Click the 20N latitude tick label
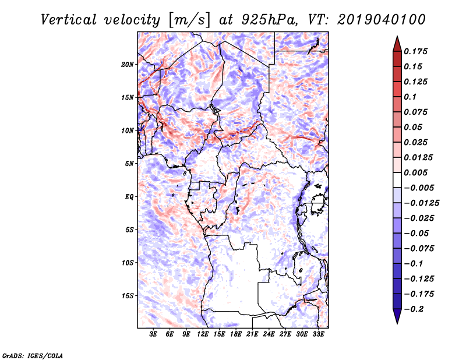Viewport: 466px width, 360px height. [128, 64]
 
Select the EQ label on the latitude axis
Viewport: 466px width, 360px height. [129, 196]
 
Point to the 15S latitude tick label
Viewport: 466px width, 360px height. [128, 295]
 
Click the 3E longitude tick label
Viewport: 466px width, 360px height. [154, 335]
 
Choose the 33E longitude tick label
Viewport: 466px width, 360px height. [319, 335]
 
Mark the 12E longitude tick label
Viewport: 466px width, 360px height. [203, 335]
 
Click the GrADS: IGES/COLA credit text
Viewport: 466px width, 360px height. [32, 355]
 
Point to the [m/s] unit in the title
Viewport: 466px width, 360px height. [186, 20]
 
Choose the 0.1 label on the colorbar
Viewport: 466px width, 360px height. [411, 97]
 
